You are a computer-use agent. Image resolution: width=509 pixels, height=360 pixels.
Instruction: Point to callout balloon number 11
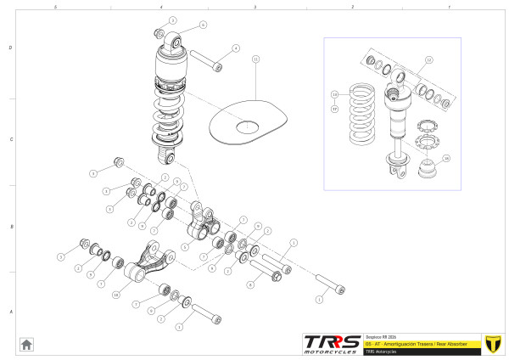tap(256, 59)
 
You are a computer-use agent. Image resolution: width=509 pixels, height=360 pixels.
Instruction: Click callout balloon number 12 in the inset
tap(429, 60)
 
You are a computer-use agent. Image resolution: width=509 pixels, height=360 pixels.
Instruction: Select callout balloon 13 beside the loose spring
tap(334, 94)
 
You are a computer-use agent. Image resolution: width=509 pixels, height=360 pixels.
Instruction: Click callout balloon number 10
tap(116, 294)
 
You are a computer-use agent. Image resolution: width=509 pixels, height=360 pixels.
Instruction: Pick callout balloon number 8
tap(250, 285)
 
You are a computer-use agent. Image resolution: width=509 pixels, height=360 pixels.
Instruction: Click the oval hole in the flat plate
tap(247, 127)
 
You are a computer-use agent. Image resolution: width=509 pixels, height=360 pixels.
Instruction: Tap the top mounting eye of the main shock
tap(173, 42)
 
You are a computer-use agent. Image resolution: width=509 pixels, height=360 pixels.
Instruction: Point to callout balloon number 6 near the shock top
tap(203, 25)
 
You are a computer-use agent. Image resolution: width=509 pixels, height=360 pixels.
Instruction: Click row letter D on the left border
tap(9, 48)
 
